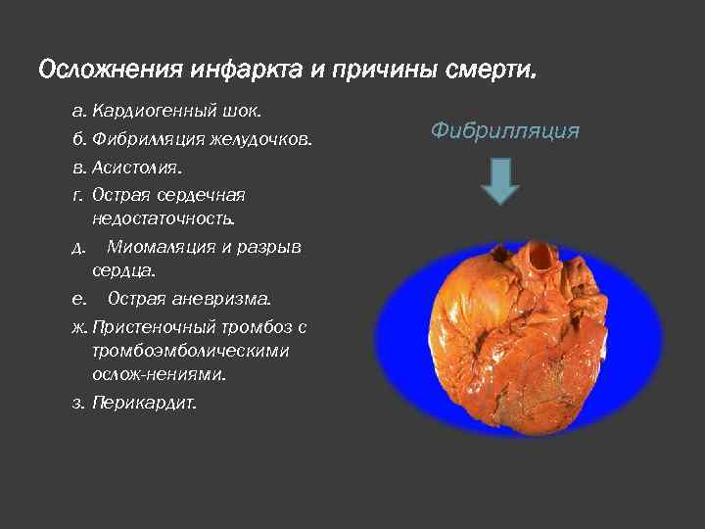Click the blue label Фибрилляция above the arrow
tap(504, 129)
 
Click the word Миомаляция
tap(164, 246)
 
